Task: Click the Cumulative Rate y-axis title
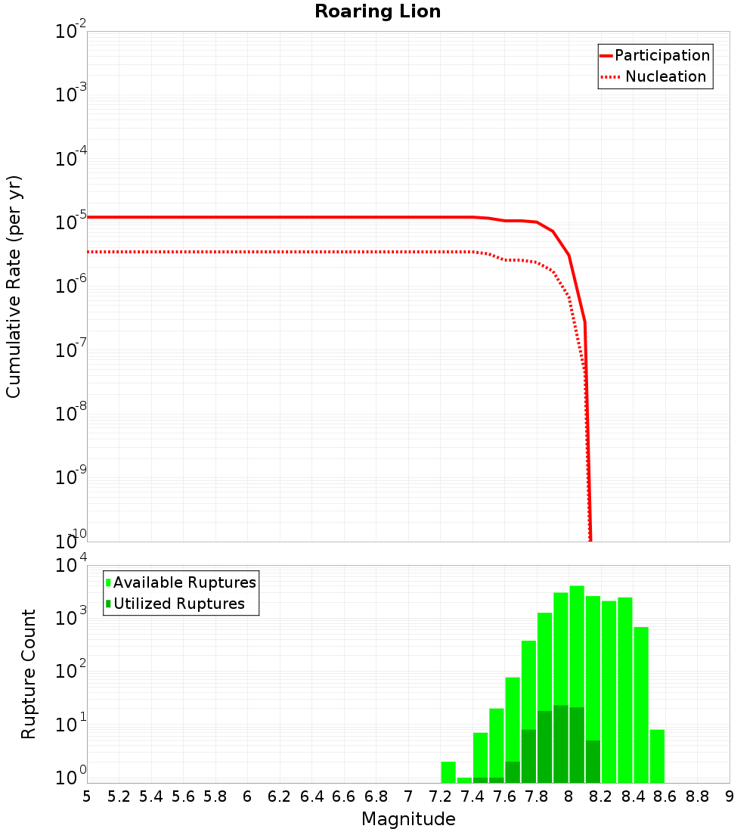14,286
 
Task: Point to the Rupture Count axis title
29,674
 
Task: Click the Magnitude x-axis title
408,819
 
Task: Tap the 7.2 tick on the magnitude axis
440,796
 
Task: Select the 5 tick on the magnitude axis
87,796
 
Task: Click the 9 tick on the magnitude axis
730,796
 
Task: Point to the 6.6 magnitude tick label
344,796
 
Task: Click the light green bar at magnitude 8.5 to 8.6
657,756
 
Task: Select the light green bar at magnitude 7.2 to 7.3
448,772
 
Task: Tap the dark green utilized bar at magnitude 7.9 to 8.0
561,744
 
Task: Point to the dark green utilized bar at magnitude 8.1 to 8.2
593,762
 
